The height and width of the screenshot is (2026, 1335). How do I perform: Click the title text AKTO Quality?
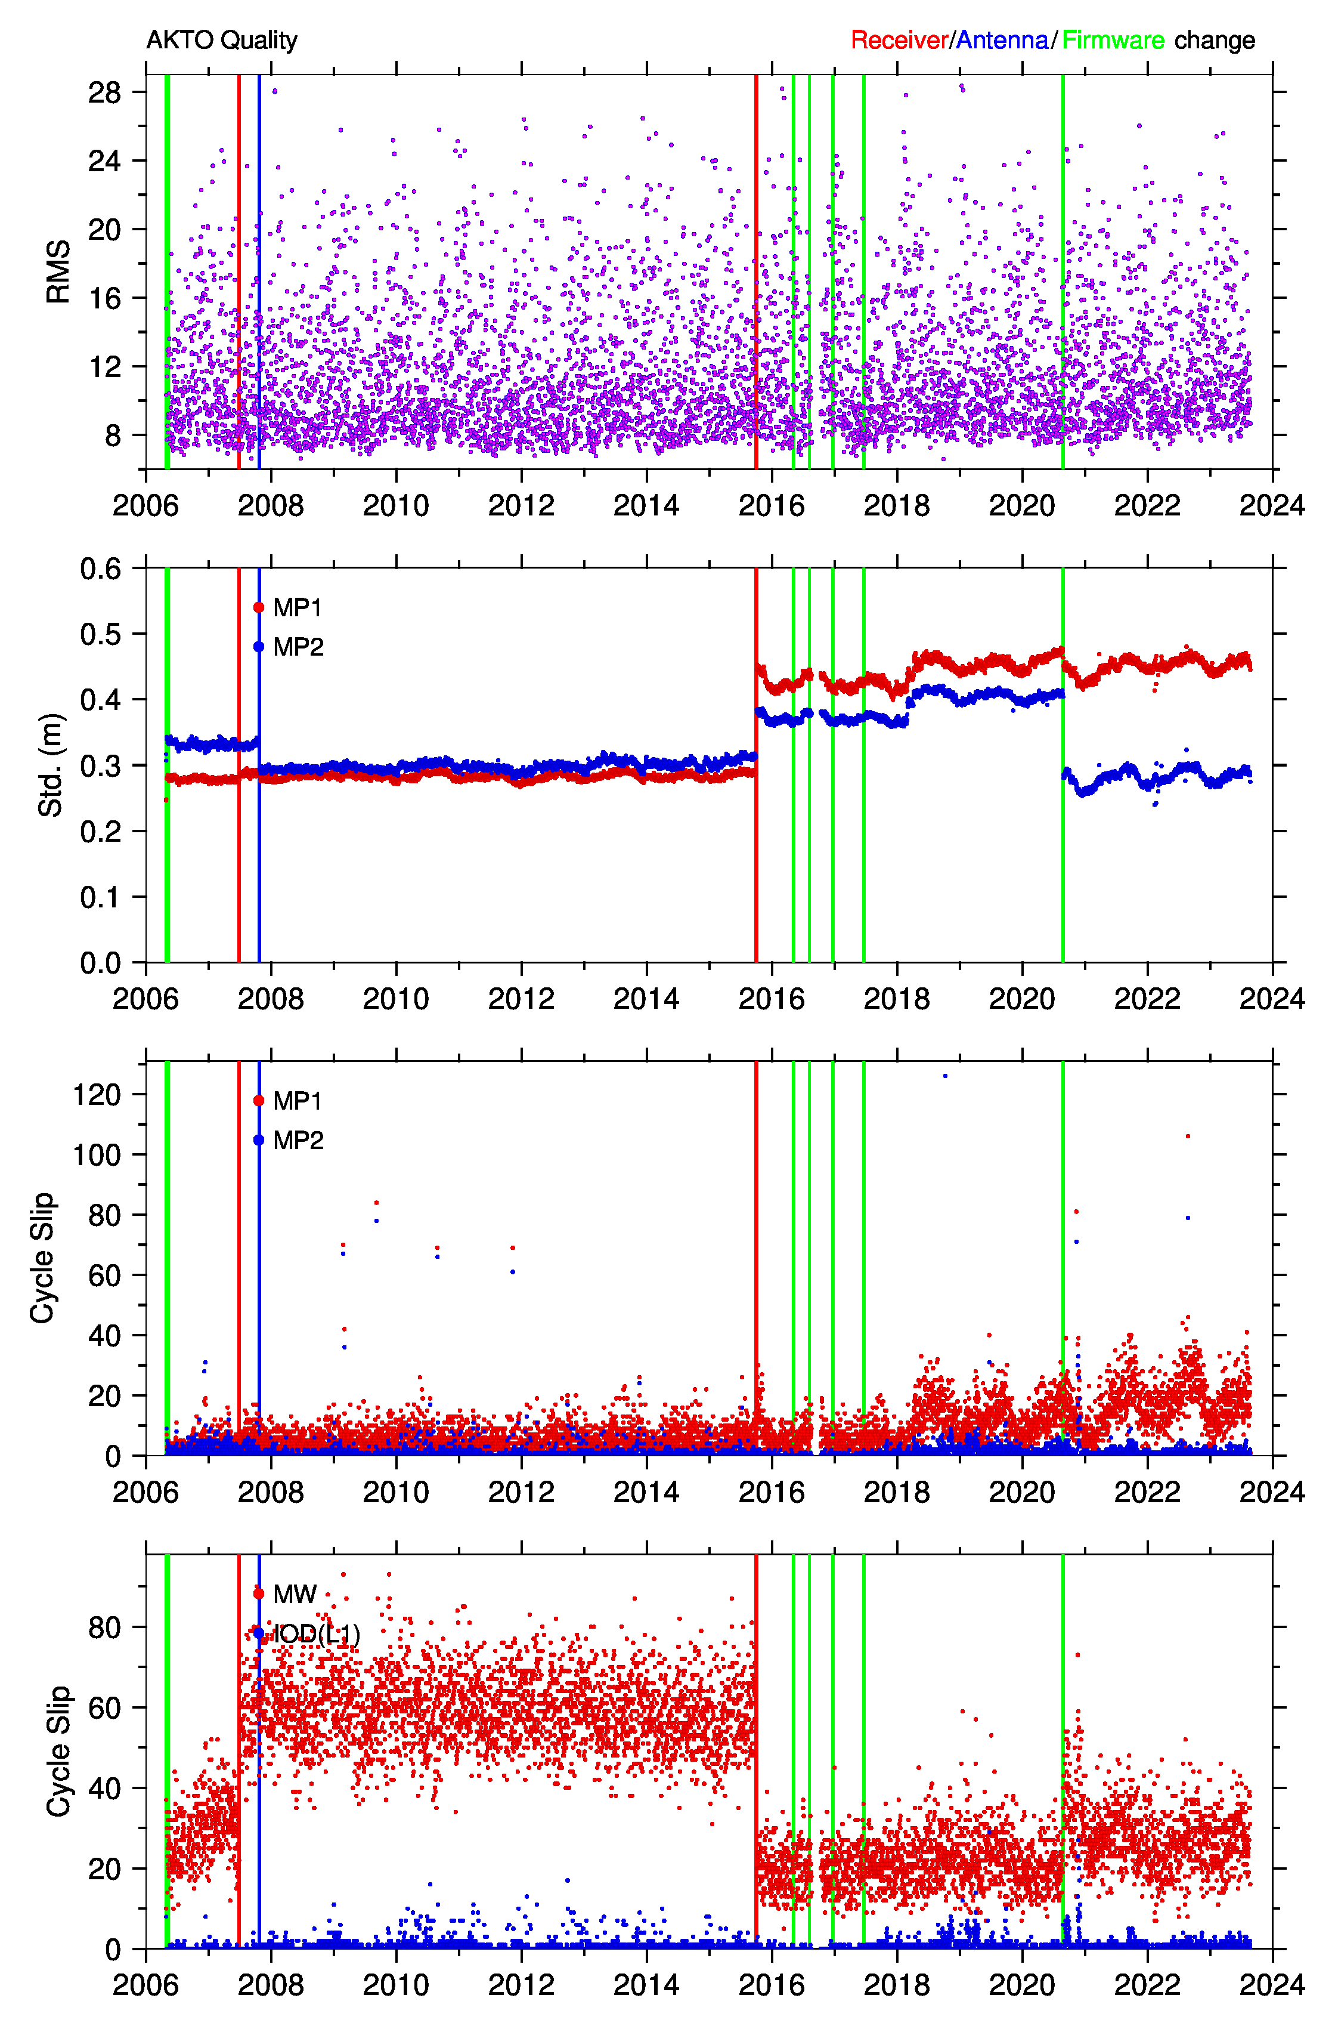[221, 40]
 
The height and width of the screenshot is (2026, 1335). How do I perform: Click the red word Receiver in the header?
[899, 40]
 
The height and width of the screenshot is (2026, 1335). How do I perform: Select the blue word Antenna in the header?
[1002, 40]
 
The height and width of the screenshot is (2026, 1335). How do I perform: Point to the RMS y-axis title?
[58, 271]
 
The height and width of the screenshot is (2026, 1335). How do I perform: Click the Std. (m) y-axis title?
[51, 765]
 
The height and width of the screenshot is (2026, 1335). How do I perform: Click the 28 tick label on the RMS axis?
[105, 92]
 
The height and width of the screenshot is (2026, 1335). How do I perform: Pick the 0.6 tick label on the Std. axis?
[100, 568]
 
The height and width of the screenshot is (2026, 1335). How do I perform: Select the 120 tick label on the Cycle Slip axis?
[96, 1094]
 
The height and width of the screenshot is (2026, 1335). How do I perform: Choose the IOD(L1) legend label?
[315, 1633]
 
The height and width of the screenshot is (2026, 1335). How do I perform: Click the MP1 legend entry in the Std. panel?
[297, 607]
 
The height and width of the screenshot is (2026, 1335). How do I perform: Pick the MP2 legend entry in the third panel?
[298, 1139]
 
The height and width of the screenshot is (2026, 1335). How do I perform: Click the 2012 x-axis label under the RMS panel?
[521, 505]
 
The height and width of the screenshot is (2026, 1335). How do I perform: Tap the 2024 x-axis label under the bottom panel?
[1272, 1985]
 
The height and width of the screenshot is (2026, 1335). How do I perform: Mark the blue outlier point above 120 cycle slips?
[945, 1076]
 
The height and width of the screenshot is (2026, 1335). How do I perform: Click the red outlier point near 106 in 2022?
[1188, 1136]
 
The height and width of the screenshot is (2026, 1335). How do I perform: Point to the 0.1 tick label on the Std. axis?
[100, 897]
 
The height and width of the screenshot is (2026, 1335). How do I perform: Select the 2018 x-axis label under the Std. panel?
[897, 998]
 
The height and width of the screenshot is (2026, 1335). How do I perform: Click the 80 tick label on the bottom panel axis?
[105, 1627]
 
